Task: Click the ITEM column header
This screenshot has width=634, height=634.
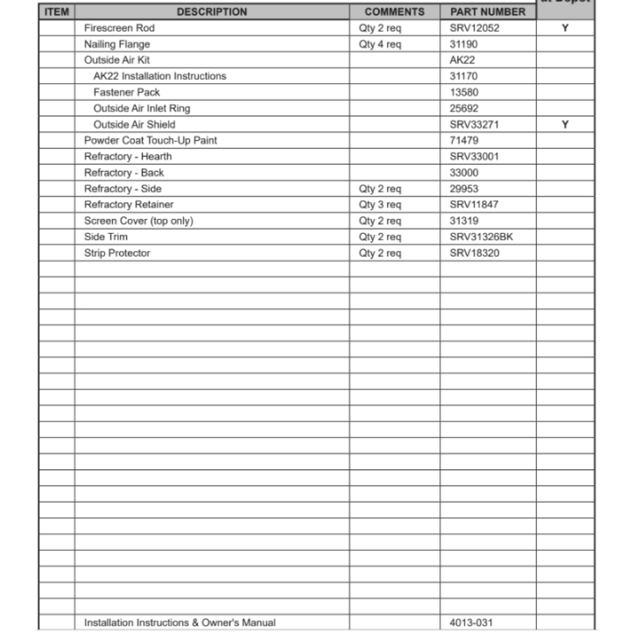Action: (57, 11)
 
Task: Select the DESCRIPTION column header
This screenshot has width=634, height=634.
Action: (212, 11)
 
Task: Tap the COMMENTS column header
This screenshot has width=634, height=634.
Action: (394, 11)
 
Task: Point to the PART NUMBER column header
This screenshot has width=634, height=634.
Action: (488, 11)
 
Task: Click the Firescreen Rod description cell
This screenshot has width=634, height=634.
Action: (119, 28)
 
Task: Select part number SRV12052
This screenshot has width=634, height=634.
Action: (474, 28)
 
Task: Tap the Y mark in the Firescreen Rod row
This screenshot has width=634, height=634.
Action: (565, 28)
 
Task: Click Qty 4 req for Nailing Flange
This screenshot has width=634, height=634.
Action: (380, 44)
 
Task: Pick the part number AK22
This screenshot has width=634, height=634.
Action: (462, 60)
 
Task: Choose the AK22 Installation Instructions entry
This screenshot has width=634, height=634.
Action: (159, 76)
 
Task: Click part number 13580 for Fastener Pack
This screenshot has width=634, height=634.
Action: (464, 92)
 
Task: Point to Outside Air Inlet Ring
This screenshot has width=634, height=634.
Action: (141, 108)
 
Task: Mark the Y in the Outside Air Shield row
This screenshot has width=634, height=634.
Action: (565, 124)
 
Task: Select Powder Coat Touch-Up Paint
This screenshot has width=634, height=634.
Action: (150, 140)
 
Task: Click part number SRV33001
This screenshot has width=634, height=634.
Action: (474, 157)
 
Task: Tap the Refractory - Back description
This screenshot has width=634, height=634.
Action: (124, 172)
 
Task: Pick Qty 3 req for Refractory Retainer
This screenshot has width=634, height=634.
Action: (380, 205)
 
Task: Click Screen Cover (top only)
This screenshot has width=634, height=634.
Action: (138, 221)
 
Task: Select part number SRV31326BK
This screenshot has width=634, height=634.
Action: (481, 237)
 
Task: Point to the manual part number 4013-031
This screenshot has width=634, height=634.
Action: (470, 623)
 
